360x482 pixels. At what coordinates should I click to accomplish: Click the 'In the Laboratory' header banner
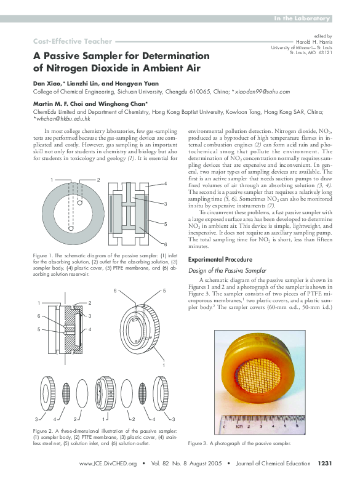click(x=302, y=20)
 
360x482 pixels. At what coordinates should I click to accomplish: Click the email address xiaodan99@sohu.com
click(x=261, y=91)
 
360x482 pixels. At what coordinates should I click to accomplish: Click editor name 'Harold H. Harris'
click(x=313, y=42)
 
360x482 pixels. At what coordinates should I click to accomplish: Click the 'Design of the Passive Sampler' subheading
click(x=227, y=271)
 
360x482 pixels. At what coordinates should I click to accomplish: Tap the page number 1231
click(x=325, y=464)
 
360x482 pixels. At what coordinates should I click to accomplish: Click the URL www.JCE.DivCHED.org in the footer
click(x=108, y=464)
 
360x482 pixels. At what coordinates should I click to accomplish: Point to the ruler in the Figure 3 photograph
click(x=265, y=425)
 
